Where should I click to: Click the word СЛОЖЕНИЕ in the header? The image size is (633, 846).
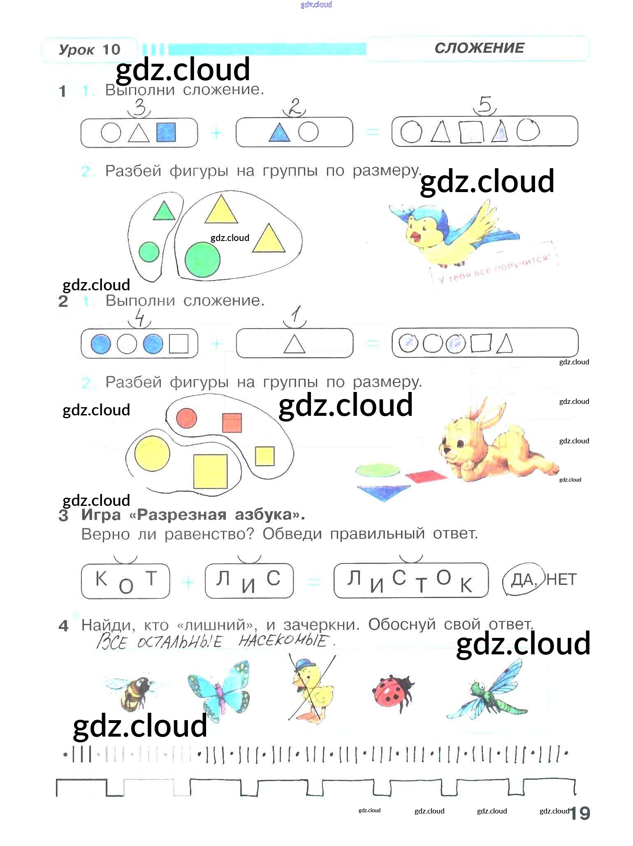pos(479,48)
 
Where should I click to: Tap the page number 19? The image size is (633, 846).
pos(580,813)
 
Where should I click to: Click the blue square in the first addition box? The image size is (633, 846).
pos(166,132)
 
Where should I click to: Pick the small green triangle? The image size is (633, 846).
pos(164,211)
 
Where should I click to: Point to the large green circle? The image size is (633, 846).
pos(202,260)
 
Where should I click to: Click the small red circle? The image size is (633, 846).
pos(186,419)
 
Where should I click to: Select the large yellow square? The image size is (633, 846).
pos(210,471)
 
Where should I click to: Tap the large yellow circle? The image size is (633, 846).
pos(152,453)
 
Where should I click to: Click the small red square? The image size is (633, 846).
pos(232,423)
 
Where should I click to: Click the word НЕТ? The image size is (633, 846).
pos(562,579)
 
